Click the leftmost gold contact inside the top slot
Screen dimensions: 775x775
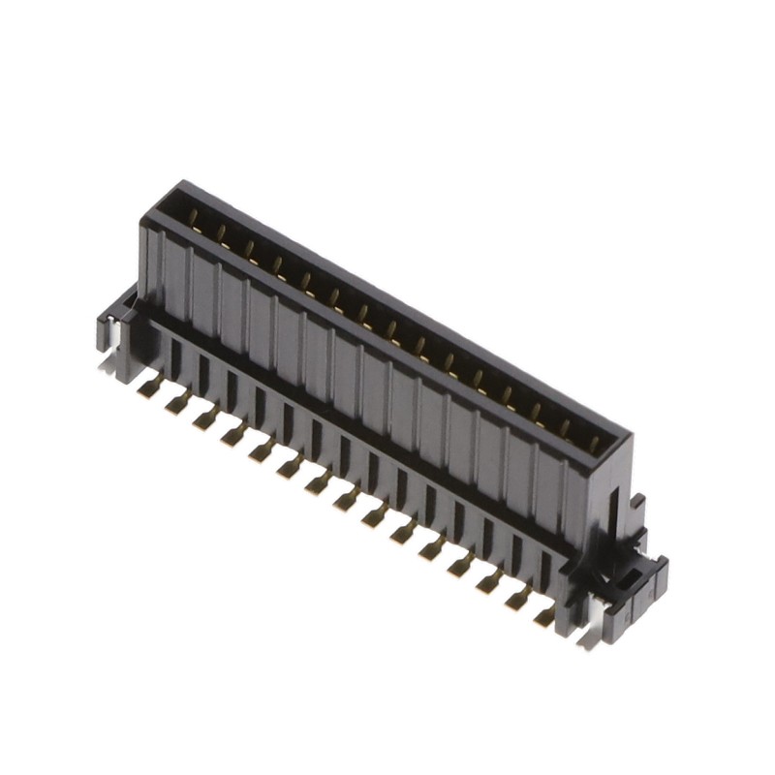click(193, 215)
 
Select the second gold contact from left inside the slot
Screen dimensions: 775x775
click(221, 232)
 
